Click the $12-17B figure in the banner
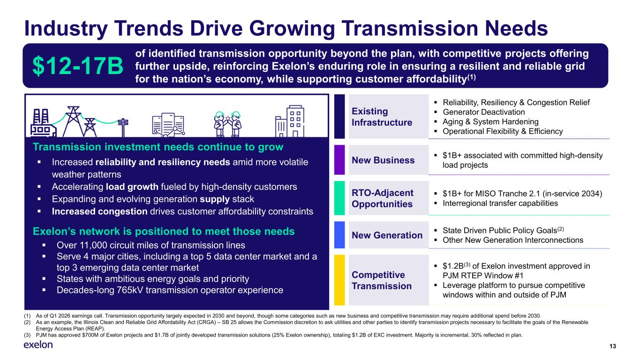coord(78,66)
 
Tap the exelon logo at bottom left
coord(38,345)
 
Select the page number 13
coord(612,346)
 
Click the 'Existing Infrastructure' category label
coord(382,117)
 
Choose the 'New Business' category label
coord(383,160)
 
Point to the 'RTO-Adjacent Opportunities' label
coord(382,198)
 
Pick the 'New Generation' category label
coord(387,235)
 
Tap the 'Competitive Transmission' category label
coord(382,280)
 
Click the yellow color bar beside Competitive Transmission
coord(339,280)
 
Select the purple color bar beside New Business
coord(339,160)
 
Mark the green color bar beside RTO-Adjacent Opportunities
coord(339,198)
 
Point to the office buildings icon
coord(290,121)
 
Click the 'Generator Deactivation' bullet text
coord(484,112)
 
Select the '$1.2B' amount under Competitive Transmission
coord(453,266)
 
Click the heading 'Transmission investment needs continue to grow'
coord(158,147)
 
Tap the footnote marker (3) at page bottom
coord(27,335)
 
